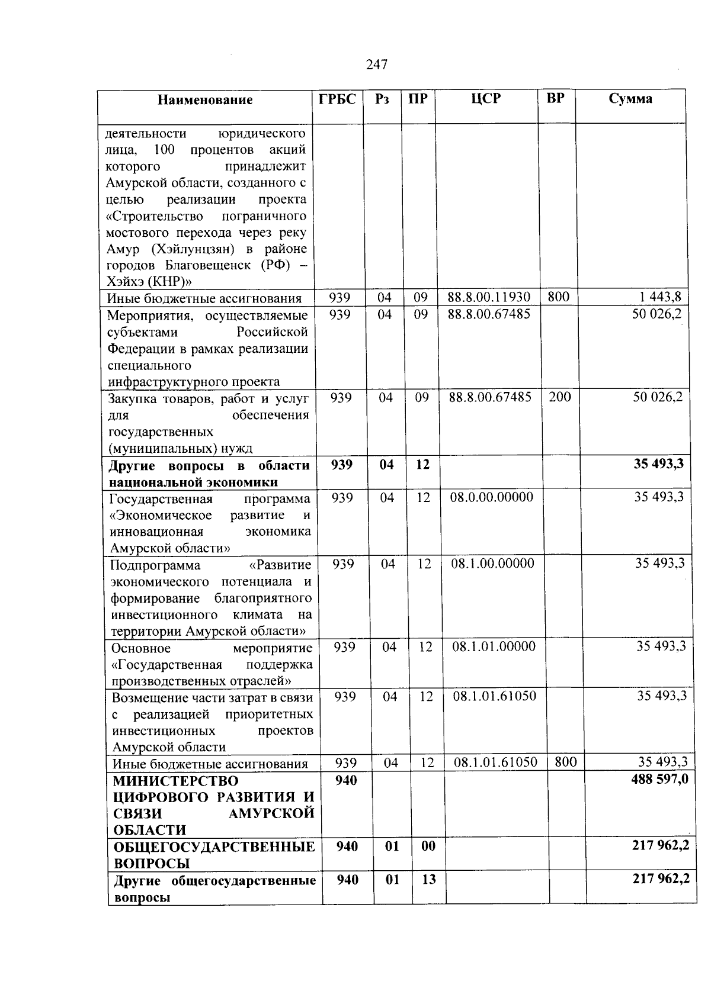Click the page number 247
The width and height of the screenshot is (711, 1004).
(x=377, y=65)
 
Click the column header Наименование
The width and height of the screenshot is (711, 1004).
(x=205, y=100)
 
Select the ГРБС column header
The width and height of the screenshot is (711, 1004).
(x=338, y=99)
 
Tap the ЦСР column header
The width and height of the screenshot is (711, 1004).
(x=486, y=99)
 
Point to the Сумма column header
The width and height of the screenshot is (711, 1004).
(x=630, y=99)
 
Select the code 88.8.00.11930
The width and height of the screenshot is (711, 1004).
(x=489, y=297)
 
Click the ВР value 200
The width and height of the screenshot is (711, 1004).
(x=559, y=397)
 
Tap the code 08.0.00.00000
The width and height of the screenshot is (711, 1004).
(x=491, y=497)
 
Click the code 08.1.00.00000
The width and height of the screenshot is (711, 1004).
(x=492, y=564)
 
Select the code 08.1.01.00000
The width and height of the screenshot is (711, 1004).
(x=494, y=646)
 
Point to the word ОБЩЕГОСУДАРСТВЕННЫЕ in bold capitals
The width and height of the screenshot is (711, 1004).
(x=214, y=847)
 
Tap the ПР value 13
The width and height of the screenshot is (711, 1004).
(x=429, y=880)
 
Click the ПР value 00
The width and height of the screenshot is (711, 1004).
(x=428, y=847)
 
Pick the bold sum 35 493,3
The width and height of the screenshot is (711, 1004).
(x=659, y=464)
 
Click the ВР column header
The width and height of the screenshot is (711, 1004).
(x=555, y=98)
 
